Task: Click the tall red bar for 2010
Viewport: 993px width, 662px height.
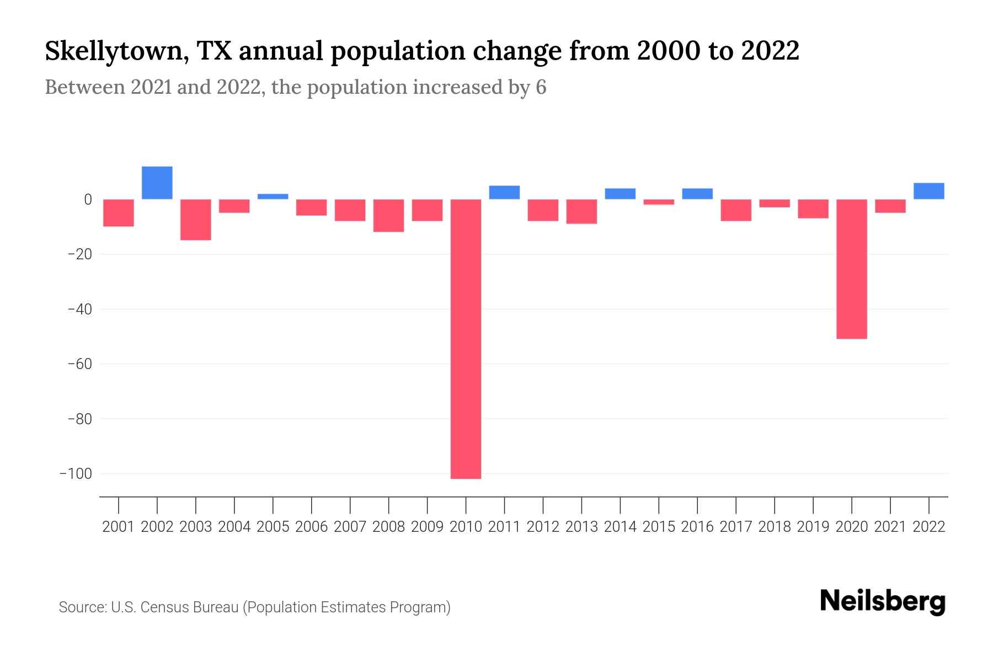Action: click(x=466, y=339)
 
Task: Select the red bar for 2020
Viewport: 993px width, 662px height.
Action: click(x=851, y=269)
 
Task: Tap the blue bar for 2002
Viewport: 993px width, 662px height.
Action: click(x=157, y=183)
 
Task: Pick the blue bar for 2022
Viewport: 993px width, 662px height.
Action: click(x=928, y=191)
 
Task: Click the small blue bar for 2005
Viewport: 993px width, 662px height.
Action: click(x=273, y=196)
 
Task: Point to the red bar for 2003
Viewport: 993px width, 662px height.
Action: click(x=196, y=220)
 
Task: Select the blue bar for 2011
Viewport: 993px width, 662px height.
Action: click(x=504, y=193)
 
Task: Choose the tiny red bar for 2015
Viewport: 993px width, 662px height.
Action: click(x=659, y=202)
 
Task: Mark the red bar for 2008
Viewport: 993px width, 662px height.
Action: click(x=388, y=215)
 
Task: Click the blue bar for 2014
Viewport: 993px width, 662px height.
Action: click(x=620, y=194)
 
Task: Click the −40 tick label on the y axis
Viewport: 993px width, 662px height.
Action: click(x=79, y=309)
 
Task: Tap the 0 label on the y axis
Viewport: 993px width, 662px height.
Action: click(x=88, y=199)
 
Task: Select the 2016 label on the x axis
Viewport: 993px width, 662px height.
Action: click(x=697, y=527)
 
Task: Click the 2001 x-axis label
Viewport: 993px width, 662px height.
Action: click(x=119, y=527)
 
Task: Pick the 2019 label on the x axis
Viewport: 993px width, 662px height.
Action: click(x=813, y=527)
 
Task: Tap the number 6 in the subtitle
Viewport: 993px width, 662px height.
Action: click(x=541, y=88)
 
